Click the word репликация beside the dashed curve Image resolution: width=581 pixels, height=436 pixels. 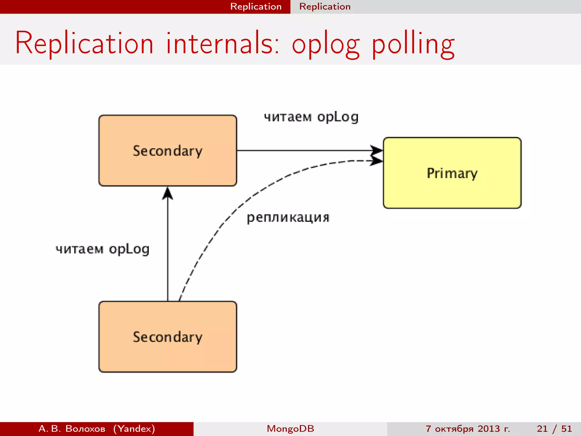click(288, 218)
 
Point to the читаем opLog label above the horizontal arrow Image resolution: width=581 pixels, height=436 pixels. click(311, 117)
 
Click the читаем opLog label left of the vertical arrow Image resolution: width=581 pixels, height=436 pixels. click(102, 249)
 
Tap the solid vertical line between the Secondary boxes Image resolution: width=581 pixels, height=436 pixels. click(168, 255)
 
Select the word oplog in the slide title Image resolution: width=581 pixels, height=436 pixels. click(326, 45)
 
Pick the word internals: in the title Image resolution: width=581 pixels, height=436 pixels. click(223, 43)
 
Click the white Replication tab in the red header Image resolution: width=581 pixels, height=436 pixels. click(256, 7)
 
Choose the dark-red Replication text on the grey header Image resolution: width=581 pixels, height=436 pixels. click(325, 7)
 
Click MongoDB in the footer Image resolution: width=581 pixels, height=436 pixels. click(290, 429)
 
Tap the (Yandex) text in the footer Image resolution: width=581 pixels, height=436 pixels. click(134, 429)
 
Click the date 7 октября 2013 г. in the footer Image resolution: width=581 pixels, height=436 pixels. click(468, 429)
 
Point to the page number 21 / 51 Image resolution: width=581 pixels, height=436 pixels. click(554, 429)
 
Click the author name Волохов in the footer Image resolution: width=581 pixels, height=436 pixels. click(85, 429)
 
